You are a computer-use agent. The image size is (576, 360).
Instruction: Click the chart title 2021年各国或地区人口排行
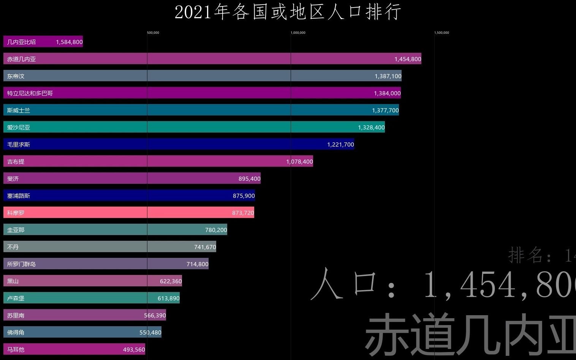pyautogui.click(x=288, y=12)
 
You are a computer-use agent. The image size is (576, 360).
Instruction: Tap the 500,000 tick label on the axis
pyautogui.click(x=153, y=33)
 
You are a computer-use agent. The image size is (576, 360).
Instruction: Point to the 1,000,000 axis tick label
pyautogui.click(x=298, y=33)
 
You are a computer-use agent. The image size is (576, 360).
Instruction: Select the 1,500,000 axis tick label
pyautogui.click(x=441, y=33)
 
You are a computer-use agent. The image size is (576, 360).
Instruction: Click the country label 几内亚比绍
pyautogui.click(x=21, y=42)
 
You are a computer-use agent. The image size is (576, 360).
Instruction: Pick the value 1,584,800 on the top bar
pyautogui.click(x=69, y=42)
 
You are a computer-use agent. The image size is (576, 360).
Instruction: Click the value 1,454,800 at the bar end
pyautogui.click(x=408, y=59)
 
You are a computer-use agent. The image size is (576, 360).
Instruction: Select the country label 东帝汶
pyautogui.click(x=16, y=76)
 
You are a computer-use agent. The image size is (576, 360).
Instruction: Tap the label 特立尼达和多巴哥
pyautogui.click(x=30, y=93)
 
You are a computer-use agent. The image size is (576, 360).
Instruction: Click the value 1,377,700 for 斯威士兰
pyautogui.click(x=385, y=110)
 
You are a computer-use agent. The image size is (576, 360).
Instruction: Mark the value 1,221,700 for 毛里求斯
pyautogui.click(x=340, y=144)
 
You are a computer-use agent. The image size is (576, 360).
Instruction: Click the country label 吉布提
pyautogui.click(x=16, y=161)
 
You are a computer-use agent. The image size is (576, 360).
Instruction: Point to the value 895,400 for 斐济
pyautogui.click(x=249, y=178)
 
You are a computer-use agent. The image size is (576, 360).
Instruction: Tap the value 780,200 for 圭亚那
pyautogui.click(x=216, y=230)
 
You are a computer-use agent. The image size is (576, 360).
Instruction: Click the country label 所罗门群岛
pyautogui.click(x=21, y=264)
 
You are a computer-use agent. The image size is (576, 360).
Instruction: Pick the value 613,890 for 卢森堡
pyautogui.click(x=168, y=298)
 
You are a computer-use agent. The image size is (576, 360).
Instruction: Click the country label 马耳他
pyautogui.click(x=16, y=349)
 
